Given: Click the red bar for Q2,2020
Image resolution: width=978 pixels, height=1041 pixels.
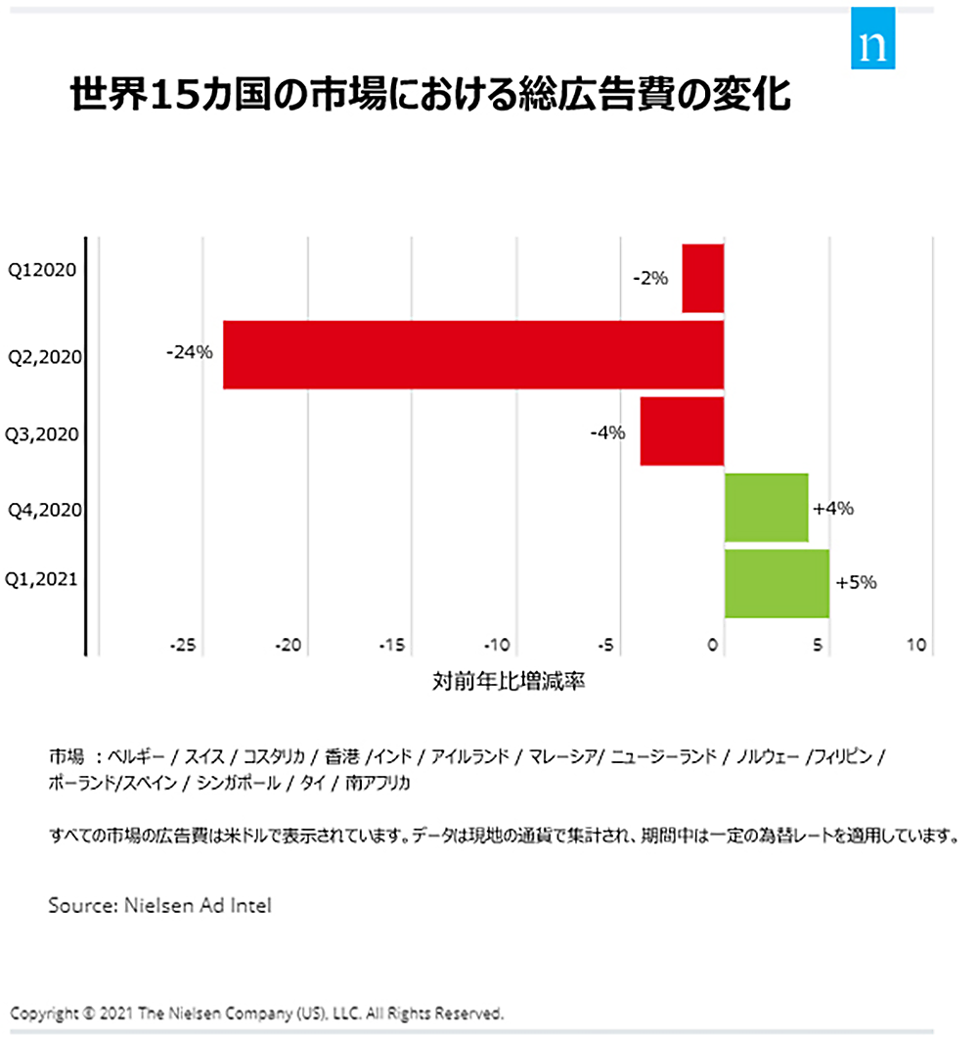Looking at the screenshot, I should pos(473,354).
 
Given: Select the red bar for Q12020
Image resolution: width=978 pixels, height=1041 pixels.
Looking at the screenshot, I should pos(702,278).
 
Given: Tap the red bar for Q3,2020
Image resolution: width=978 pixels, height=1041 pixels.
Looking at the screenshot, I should pos(682,430).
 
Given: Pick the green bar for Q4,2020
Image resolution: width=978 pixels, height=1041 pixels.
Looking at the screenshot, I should pos(766,507).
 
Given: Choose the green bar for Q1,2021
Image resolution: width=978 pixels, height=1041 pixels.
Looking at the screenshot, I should pos(777,583).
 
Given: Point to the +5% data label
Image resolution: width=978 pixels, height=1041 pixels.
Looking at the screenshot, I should pos(856,582).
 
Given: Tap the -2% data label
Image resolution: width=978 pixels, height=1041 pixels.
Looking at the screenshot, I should pos(650,279).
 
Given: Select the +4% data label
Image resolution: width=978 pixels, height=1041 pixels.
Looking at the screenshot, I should pos(833,508).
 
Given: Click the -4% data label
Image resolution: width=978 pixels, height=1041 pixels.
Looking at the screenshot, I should pos(607,431).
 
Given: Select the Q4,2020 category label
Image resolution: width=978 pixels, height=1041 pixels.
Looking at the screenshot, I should pos(44,509).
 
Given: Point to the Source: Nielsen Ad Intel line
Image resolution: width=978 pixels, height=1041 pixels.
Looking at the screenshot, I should pos(159,906).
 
